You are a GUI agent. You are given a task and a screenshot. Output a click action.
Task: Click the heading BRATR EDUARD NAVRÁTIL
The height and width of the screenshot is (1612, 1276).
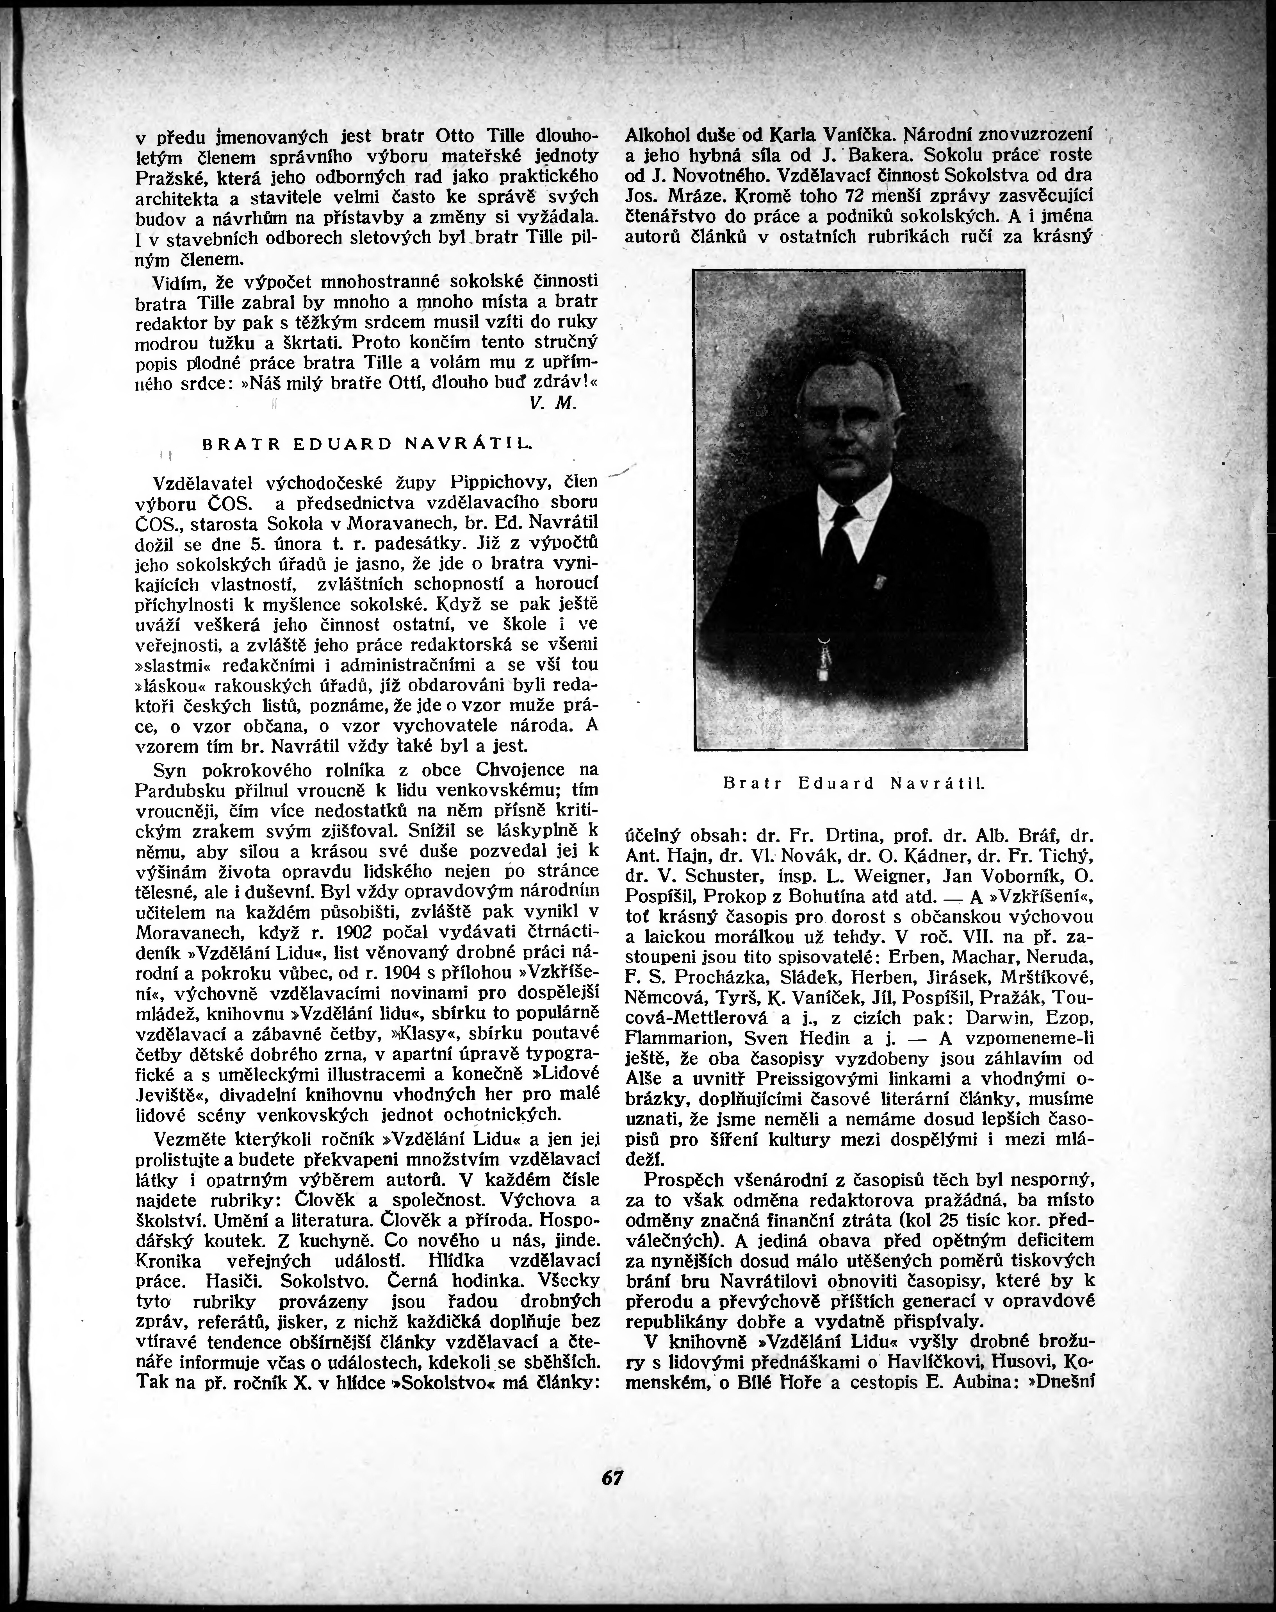point(367,443)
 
